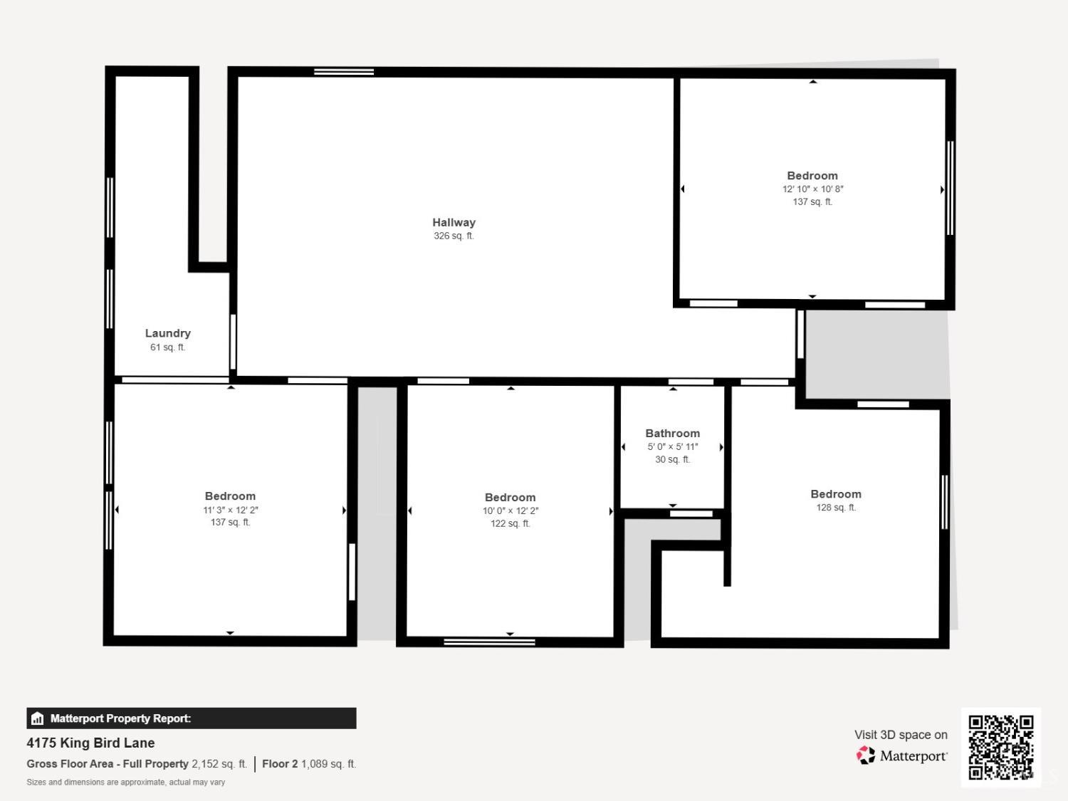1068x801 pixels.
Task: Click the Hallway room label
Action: pyautogui.click(x=454, y=222)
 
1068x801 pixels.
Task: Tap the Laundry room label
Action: pyautogui.click(x=168, y=333)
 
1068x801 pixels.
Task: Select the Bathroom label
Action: pyautogui.click(x=672, y=433)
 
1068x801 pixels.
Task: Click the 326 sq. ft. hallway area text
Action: pyautogui.click(x=454, y=236)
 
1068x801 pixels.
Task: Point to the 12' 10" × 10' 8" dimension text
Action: pyautogui.click(x=812, y=189)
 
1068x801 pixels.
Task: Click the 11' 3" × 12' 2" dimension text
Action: pyautogui.click(x=230, y=510)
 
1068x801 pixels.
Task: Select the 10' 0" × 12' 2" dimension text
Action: pyautogui.click(x=511, y=511)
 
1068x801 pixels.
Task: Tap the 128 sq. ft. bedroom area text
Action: pyautogui.click(x=836, y=507)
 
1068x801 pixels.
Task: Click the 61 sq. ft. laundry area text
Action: pyautogui.click(x=168, y=347)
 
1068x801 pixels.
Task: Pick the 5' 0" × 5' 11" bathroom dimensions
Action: pyautogui.click(x=672, y=446)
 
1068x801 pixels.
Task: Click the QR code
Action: pyautogui.click(x=1001, y=747)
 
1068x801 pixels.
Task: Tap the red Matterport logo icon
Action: pyautogui.click(x=865, y=755)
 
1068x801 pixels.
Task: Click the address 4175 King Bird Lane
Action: pyautogui.click(x=90, y=743)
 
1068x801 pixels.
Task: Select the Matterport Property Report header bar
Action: pyautogui.click(x=192, y=718)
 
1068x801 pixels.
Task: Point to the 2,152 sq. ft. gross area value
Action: pyautogui.click(x=219, y=763)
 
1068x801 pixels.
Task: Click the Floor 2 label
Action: pyautogui.click(x=280, y=763)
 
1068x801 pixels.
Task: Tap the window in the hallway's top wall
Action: pyautogui.click(x=344, y=72)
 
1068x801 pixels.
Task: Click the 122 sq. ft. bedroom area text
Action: pyautogui.click(x=511, y=523)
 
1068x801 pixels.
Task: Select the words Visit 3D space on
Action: pyautogui.click(x=901, y=735)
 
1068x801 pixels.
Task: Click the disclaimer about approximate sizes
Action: pyautogui.click(x=125, y=782)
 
